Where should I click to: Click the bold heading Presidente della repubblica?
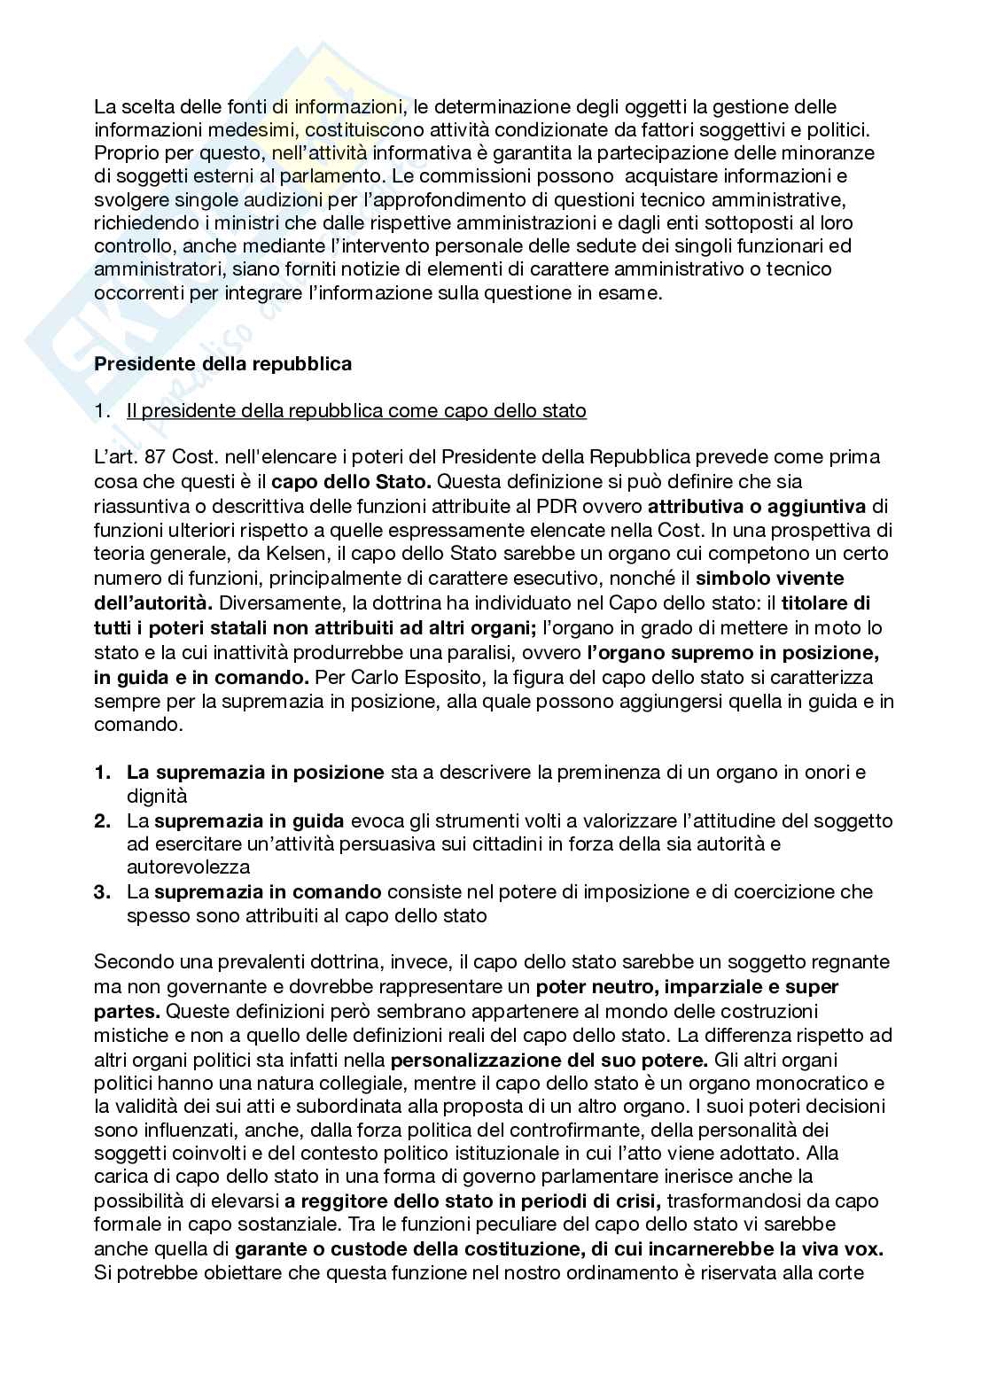click(x=222, y=363)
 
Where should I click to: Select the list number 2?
click(x=104, y=820)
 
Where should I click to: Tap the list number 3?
click(x=104, y=891)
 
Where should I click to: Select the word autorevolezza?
click(x=188, y=867)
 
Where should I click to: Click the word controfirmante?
click(x=466, y=1130)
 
